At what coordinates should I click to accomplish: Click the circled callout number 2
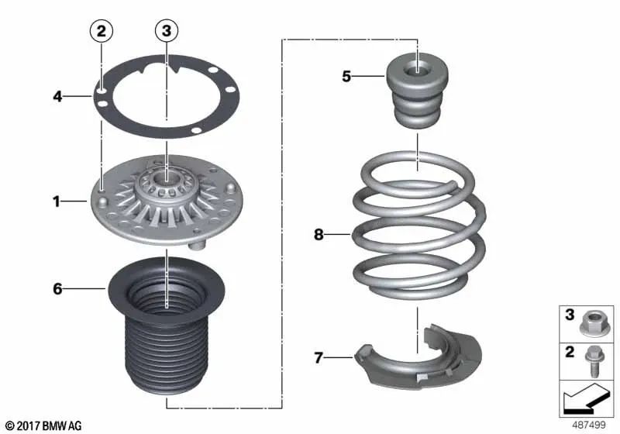102,32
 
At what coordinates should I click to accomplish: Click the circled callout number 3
166,32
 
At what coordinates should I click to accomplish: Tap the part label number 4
57,97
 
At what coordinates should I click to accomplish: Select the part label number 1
57,202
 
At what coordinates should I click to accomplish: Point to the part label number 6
57,289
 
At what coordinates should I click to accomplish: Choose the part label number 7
318,357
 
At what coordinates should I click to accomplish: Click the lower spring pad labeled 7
422,364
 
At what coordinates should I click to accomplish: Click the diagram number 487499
590,425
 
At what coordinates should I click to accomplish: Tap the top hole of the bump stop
418,67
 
